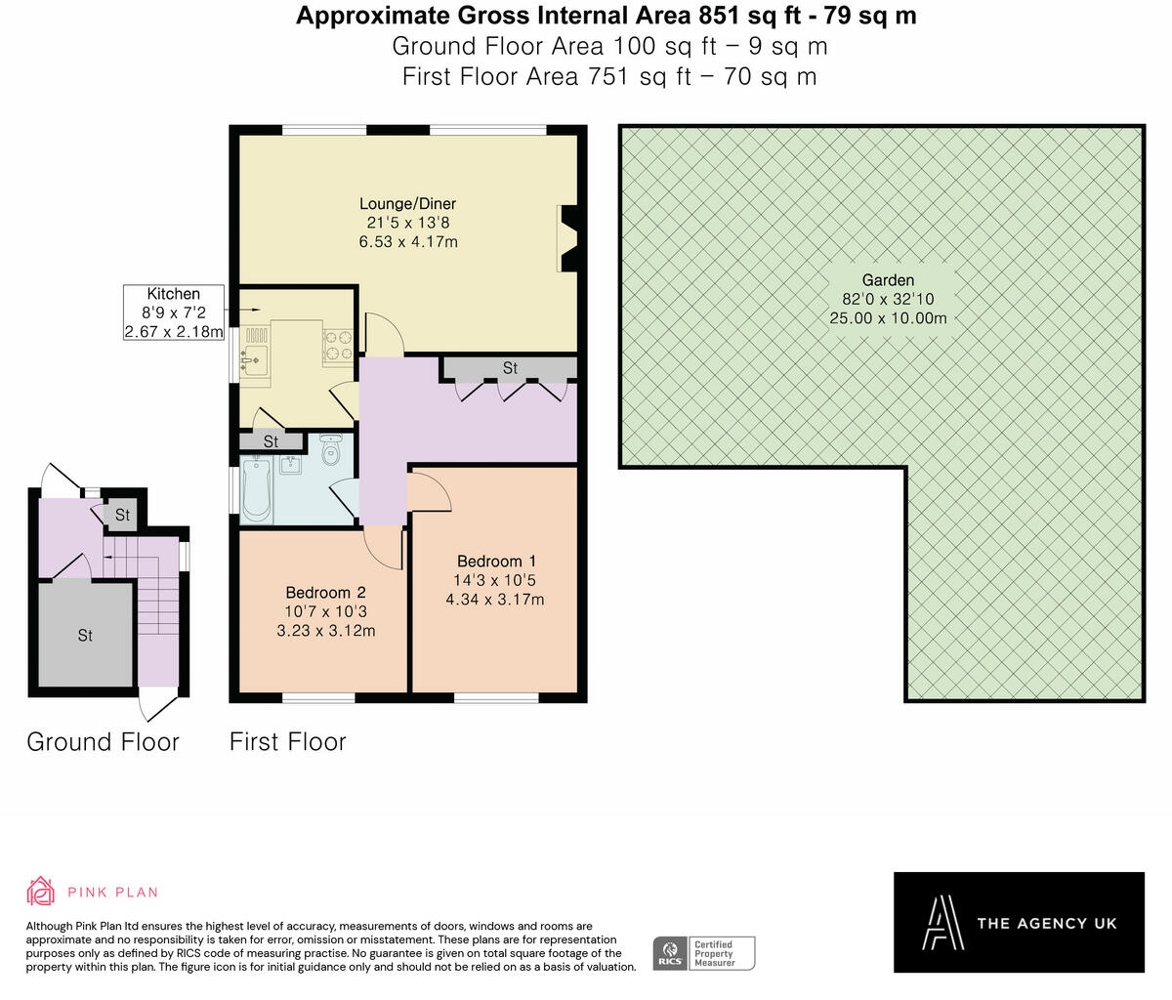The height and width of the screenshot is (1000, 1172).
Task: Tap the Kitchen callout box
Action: (174, 312)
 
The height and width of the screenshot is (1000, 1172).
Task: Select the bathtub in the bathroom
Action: (258, 489)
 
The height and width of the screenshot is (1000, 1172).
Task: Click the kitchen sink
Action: (253, 360)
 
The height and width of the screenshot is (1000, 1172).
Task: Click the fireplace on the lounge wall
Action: (567, 238)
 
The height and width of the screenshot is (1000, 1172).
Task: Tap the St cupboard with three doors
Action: (510, 368)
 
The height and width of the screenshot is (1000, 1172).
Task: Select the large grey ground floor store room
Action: (85, 635)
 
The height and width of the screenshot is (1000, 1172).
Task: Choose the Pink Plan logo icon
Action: (41, 892)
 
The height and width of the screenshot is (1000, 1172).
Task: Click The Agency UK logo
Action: (1019, 922)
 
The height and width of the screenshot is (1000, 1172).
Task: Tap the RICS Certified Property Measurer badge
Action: (703, 953)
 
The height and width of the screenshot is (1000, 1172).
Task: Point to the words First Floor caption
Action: (287, 742)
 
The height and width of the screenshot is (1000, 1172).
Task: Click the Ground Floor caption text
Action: (103, 742)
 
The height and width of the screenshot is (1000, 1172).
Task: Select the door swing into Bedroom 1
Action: (429, 489)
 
